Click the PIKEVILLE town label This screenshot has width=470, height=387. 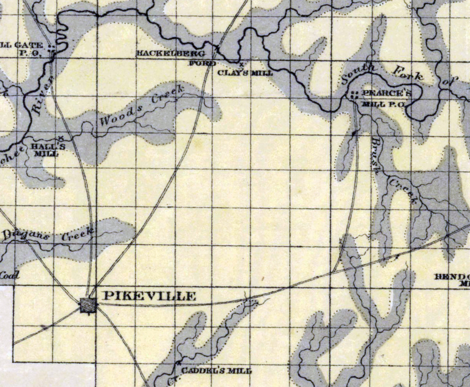point(149,297)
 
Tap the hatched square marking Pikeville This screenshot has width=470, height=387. point(89,306)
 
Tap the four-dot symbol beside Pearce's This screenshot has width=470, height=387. point(353,94)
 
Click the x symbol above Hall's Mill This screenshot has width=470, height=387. point(61,137)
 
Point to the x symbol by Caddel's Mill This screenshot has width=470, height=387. point(179,363)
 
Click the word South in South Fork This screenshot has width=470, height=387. point(359,73)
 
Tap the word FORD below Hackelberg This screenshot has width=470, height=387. point(202,63)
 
